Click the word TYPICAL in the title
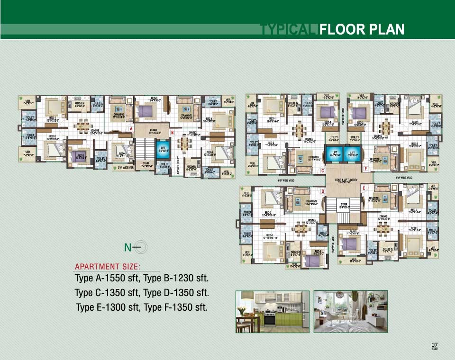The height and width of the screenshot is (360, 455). [289, 30]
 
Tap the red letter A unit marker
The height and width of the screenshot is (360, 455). [131, 128]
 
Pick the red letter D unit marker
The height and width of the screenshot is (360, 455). [323, 191]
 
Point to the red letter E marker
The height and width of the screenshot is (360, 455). [364, 188]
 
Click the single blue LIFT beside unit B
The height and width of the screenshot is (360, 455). [163, 148]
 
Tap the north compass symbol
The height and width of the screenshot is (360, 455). [144, 247]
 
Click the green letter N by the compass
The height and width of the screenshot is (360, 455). [127, 247]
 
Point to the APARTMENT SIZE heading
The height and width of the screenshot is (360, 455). [108, 267]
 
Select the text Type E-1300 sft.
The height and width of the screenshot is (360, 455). [107, 307]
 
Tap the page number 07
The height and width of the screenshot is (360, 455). [434, 344]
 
